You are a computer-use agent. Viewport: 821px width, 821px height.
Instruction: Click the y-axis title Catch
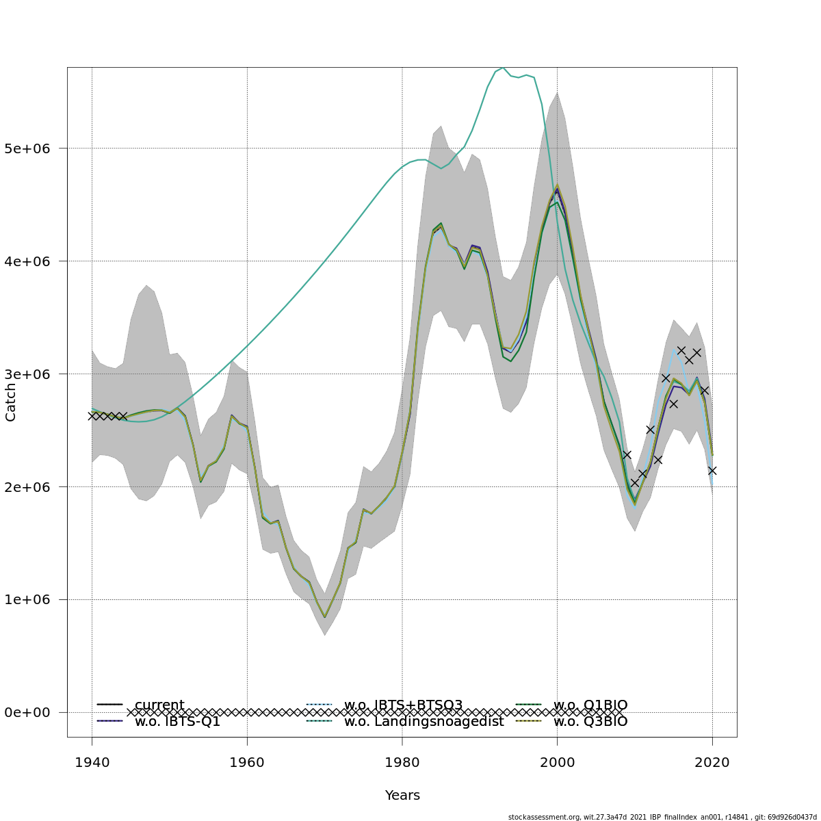pyautogui.click(x=11, y=402)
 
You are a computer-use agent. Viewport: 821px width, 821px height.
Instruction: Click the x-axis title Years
pyautogui.click(x=402, y=795)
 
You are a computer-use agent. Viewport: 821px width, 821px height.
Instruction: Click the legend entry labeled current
pyautogui.click(x=159, y=705)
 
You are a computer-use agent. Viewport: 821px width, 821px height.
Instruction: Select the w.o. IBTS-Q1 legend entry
pyautogui.click(x=177, y=721)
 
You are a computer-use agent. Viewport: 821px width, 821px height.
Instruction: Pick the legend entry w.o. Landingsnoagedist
pyautogui.click(x=423, y=721)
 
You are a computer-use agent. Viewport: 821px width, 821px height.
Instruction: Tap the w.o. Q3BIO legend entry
pyautogui.click(x=590, y=721)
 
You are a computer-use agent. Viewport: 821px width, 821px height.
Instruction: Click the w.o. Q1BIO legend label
pyautogui.click(x=590, y=705)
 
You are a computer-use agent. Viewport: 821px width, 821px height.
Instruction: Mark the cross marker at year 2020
pyautogui.click(x=712, y=471)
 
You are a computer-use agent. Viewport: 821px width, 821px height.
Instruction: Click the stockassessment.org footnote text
pyautogui.click(x=662, y=817)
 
